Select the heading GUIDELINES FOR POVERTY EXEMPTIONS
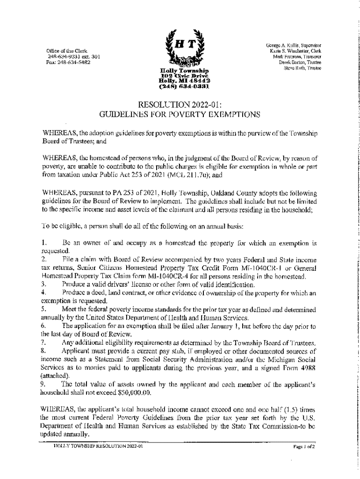click(x=180, y=114)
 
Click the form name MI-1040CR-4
click(x=170, y=276)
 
